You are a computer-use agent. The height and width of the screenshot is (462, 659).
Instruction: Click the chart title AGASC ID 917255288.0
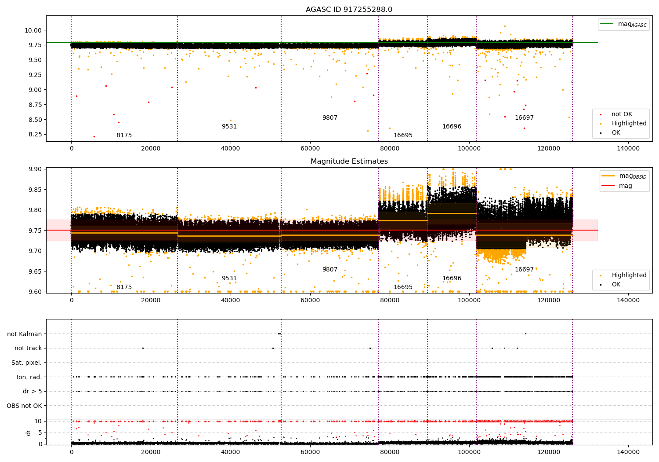tap(349, 10)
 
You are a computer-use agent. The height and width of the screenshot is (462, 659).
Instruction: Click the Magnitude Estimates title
tap(349, 161)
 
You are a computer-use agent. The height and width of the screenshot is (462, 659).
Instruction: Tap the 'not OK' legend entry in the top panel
tap(622, 114)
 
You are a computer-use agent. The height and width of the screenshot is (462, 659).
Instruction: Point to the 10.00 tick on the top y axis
tap(34, 30)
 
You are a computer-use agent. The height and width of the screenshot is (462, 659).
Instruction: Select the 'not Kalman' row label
tap(25, 334)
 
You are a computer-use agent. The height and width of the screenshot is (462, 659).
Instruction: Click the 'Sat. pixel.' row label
tap(27, 363)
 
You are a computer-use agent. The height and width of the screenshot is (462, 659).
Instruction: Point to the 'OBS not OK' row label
tap(24, 406)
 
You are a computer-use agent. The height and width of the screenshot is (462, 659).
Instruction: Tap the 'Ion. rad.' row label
tap(29, 377)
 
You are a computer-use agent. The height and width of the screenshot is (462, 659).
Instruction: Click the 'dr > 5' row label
tap(33, 391)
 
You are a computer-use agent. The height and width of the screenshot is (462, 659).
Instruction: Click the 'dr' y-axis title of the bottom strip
tap(29, 433)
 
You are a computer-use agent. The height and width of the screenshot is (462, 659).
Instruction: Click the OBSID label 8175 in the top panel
tap(124, 135)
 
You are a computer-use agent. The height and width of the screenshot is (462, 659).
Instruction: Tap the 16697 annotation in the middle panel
tap(524, 269)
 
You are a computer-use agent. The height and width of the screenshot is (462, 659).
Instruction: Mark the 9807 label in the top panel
tap(330, 117)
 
